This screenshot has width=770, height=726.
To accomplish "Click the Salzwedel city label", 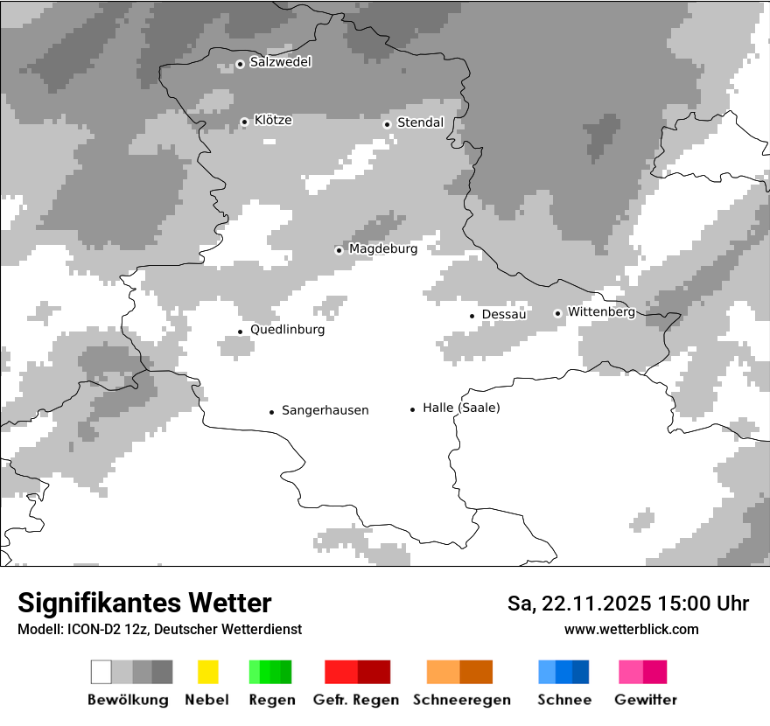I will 280,62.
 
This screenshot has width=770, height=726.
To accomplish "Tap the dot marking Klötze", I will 244,122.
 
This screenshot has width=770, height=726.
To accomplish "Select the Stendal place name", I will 420,122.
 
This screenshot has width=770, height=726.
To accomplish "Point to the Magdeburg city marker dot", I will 339,250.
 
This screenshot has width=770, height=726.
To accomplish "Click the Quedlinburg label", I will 287,330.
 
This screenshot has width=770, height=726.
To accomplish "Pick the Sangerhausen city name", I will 325,410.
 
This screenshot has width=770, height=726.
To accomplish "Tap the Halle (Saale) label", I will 461,408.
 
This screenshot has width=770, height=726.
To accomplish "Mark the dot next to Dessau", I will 472,315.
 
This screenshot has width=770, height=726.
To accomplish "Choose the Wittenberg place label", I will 601,311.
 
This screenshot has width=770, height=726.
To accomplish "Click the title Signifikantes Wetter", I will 144,604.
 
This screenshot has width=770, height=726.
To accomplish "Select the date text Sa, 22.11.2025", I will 577,604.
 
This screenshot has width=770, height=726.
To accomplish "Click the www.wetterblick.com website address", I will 631,629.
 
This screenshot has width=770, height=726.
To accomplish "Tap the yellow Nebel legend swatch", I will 207,672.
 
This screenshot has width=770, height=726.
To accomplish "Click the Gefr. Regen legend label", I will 357,700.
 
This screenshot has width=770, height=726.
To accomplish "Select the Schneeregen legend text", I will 460,700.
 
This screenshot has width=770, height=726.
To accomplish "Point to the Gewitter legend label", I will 646,700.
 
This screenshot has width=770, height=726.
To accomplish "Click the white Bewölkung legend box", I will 101,672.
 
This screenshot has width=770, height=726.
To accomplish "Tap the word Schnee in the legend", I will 564,700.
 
